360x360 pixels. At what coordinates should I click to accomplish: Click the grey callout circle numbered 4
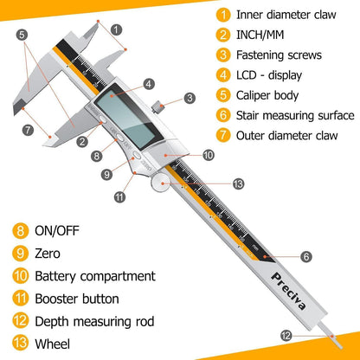(x=149, y=84)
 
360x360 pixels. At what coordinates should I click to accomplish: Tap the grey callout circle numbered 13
(x=238, y=184)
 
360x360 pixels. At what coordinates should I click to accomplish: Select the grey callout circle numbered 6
(x=306, y=256)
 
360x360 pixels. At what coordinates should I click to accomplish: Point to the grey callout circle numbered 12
(x=286, y=336)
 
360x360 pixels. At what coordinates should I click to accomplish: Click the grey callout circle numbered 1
(x=116, y=29)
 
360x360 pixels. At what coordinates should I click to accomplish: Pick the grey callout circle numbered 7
(x=28, y=130)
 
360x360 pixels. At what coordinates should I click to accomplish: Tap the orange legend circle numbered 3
(x=223, y=55)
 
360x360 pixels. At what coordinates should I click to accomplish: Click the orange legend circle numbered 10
(x=21, y=276)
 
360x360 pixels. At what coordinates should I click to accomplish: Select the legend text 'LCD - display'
(x=269, y=75)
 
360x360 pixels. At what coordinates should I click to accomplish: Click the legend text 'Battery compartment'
(x=95, y=276)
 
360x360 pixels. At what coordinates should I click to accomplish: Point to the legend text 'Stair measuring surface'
(x=295, y=116)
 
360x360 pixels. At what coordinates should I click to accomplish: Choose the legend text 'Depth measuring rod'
(x=94, y=322)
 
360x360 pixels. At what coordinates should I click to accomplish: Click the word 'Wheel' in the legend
(x=53, y=344)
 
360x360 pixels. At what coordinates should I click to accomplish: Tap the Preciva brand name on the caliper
(x=288, y=291)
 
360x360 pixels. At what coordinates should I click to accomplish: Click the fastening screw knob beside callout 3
(x=158, y=106)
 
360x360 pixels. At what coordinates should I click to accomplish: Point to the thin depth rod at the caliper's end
(x=331, y=336)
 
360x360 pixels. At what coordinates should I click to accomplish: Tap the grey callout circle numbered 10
(x=209, y=155)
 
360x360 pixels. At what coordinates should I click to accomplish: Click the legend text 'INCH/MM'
(x=260, y=35)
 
